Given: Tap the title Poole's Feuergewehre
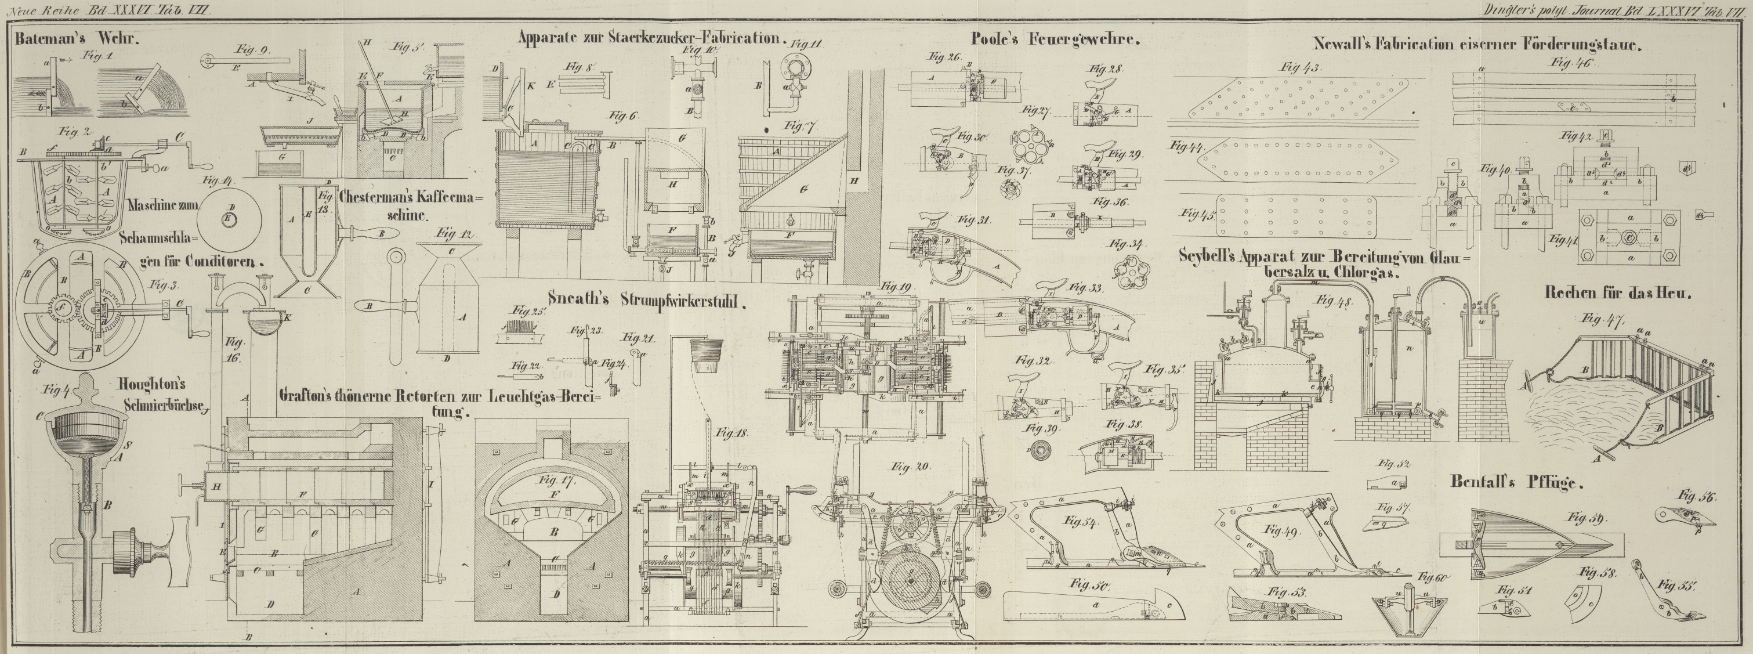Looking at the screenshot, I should click(x=1056, y=40).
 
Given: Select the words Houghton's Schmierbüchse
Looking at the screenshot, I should click(x=164, y=395).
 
